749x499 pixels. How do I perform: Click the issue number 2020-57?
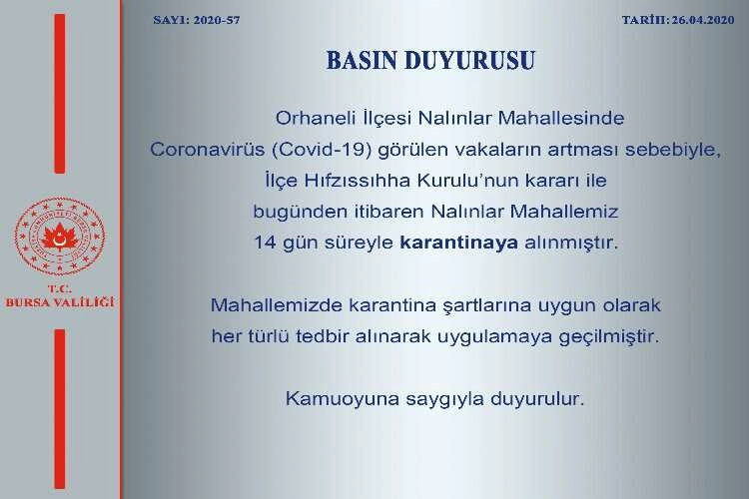(x=217, y=20)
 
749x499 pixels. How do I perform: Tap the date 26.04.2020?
(x=703, y=20)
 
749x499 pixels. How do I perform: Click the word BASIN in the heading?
(x=362, y=61)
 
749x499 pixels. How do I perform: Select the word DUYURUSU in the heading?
(x=469, y=61)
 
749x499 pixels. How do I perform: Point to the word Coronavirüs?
(x=208, y=150)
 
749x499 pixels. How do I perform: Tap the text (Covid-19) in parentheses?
(x=322, y=150)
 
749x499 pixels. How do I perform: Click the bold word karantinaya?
(x=459, y=243)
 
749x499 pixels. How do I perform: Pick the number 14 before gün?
(x=265, y=243)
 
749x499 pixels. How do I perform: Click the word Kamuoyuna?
(x=342, y=399)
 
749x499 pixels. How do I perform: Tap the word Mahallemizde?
(x=277, y=304)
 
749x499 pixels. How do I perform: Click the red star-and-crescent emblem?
(x=60, y=237)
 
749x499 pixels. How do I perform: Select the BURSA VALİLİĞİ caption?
(x=60, y=302)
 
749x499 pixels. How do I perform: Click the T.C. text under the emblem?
(x=60, y=288)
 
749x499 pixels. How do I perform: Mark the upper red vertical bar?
(x=60, y=94)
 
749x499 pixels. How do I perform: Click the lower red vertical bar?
(x=60, y=409)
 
